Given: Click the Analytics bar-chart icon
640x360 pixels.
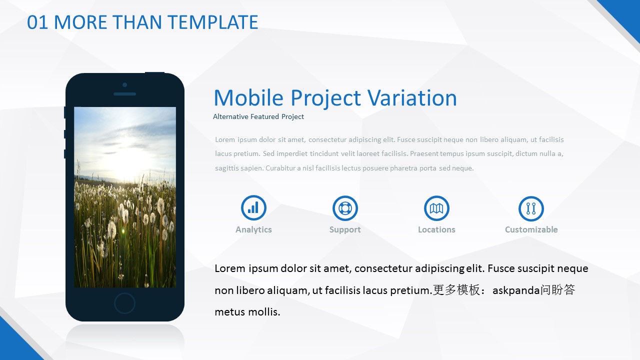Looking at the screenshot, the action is coord(253,207).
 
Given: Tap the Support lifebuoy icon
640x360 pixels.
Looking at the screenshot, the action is coord(345,208).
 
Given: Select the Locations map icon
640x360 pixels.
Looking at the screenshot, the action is coord(436,208).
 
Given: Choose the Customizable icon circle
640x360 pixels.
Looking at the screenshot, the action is coord(531,208).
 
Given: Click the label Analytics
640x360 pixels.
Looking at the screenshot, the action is coord(253,229).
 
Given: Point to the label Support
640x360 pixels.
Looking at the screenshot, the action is coord(345,229).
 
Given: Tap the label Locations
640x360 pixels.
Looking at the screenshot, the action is coord(436,229).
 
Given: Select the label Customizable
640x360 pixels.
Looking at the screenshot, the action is coord(531,229).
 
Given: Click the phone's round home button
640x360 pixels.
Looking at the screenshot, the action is coord(124,303).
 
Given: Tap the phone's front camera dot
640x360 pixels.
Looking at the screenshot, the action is coord(124,85).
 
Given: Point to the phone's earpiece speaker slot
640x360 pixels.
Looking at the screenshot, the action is coord(124,94).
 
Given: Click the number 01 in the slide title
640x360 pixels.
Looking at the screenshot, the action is coord(37,22).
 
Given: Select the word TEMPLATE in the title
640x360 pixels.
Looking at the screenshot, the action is coord(213,22).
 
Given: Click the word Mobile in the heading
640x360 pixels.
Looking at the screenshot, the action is coord(248,97).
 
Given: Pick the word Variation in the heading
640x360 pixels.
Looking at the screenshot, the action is coord(412,97).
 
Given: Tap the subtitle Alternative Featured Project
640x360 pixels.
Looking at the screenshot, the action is coord(258,116).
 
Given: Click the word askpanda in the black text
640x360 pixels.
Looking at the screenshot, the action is coord(516,290).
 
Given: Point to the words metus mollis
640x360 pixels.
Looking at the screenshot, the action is coord(247,311).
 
